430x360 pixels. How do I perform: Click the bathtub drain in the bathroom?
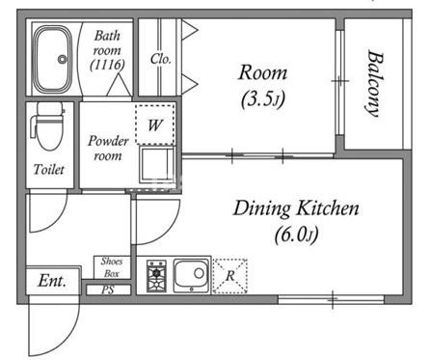[62, 59]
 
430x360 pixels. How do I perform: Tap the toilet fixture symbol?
[48, 126]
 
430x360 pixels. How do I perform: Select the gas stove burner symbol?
[156, 276]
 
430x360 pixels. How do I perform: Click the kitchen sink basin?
[192, 275]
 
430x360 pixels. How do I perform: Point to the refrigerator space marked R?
[230, 276]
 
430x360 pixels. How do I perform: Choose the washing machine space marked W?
[155, 125]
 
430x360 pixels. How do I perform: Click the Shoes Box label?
[112, 267]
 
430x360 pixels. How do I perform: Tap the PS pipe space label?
[108, 290]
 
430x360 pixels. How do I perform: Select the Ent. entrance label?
[52, 281]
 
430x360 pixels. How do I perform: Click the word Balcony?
[375, 83]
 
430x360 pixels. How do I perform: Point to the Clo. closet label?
[160, 59]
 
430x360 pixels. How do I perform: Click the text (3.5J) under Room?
[263, 99]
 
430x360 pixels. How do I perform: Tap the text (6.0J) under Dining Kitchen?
[296, 235]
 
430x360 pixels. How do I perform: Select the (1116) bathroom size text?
[107, 65]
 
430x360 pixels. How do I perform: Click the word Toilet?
[49, 169]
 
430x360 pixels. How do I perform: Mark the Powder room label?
[108, 148]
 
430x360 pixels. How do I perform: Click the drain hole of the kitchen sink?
[199, 273]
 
